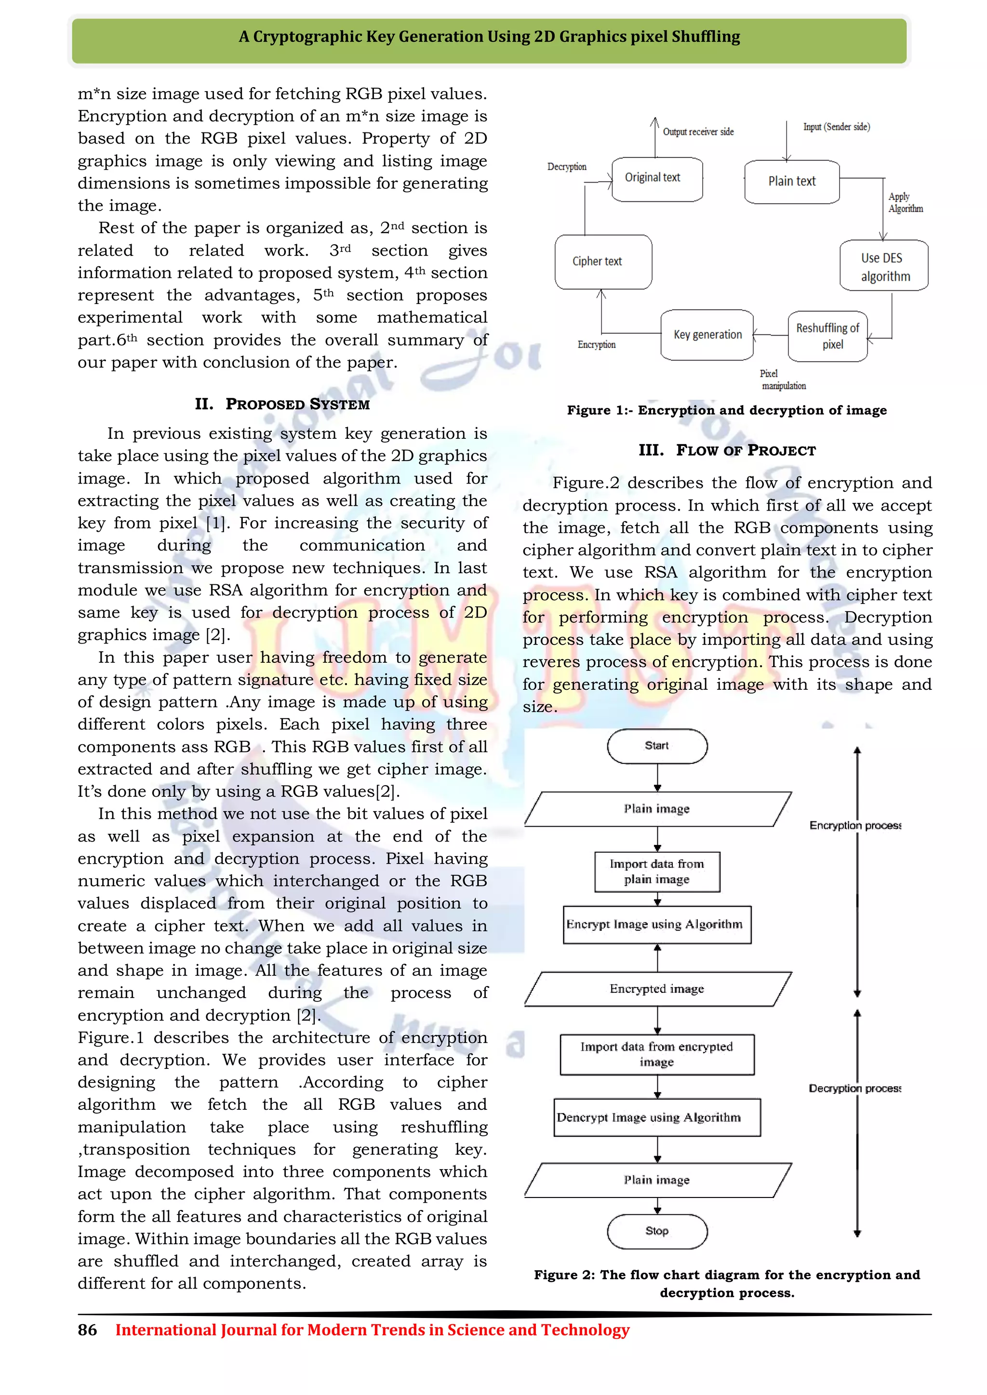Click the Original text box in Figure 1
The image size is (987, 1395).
pos(656,179)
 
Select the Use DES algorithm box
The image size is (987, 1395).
pos(884,266)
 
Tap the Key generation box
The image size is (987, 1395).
pos(707,335)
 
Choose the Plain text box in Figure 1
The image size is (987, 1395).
pos(791,182)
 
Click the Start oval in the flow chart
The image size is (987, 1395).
pos(657,746)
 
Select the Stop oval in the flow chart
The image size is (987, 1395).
pos(657,1231)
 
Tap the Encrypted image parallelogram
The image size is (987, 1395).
pos(657,989)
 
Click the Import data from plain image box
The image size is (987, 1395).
pos(657,872)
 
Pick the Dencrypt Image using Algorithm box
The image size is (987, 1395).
pos(657,1118)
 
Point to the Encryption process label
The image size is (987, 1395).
pos(854,825)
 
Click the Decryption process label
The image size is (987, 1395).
pos(854,1088)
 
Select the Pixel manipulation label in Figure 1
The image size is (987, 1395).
pos(783,380)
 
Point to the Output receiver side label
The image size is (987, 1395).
pos(698,132)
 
